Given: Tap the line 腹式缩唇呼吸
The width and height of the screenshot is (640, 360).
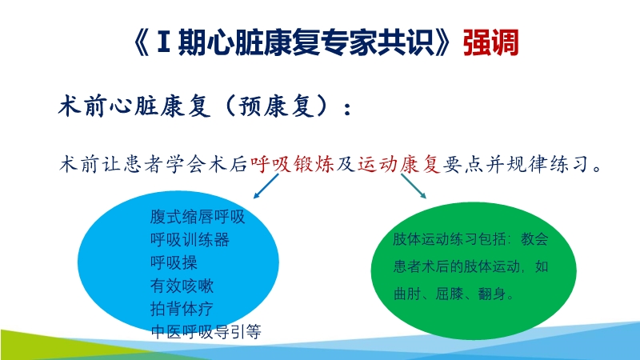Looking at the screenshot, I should pyautogui.click(x=197, y=217).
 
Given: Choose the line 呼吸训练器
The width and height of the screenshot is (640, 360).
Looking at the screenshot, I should pyautogui.click(x=190, y=239).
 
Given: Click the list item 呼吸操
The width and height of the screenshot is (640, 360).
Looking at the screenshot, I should pyautogui.click(x=174, y=262).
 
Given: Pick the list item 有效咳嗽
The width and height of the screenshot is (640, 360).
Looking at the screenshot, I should pyautogui.click(x=182, y=286).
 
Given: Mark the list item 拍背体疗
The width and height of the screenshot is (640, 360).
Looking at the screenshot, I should pyautogui.click(x=182, y=309).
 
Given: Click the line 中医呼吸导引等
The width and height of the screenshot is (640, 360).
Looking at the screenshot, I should pyautogui.click(x=206, y=331).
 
